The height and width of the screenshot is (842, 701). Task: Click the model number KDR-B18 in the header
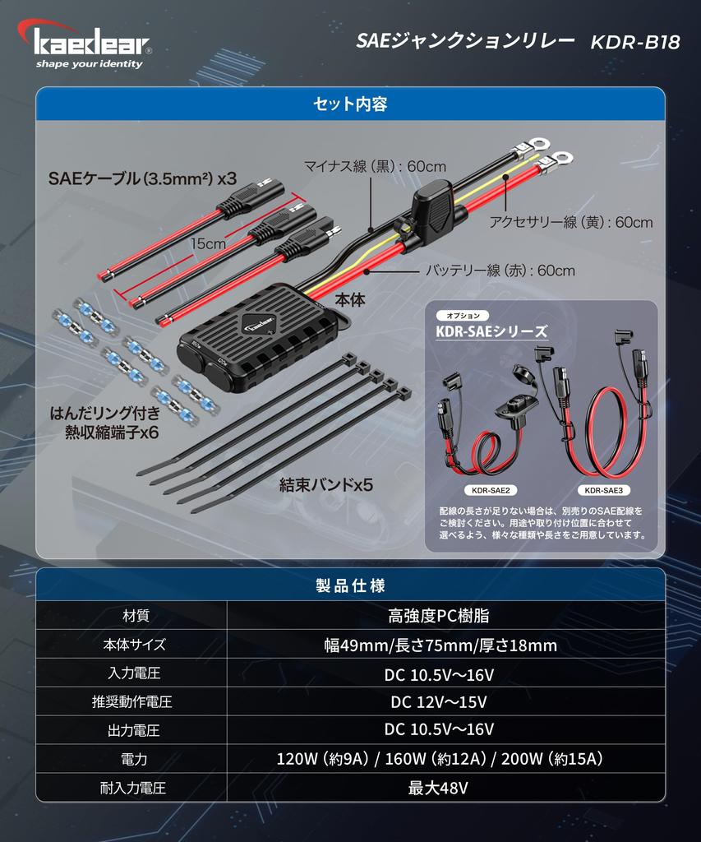(x=634, y=43)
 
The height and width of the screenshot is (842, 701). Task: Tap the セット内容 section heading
(x=350, y=104)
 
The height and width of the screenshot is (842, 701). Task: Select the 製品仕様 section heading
(x=350, y=585)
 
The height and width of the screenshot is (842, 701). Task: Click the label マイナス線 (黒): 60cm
(x=375, y=165)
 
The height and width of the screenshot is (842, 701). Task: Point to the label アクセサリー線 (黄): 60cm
(x=570, y=222)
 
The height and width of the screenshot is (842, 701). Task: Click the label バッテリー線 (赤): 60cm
(x=500, y=271)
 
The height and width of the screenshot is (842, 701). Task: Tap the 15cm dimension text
(x=208, y=243)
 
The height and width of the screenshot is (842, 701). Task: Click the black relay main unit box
(x=258, y=337)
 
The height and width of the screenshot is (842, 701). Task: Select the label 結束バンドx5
(x=326, y=485)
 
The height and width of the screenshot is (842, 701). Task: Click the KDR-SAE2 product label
(x=491, y=491)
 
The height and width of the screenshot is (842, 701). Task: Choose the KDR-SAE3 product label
(x=604, y=491)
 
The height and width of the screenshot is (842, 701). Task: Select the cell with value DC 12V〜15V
(x=439, y=702)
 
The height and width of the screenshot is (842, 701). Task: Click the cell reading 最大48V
(x=439, y=788)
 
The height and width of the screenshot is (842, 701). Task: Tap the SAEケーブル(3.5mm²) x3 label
(x=142, y=178)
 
